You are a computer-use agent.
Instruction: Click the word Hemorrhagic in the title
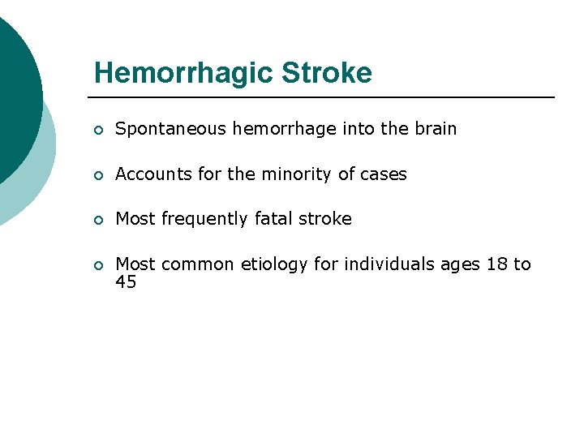click(x=183, y=73)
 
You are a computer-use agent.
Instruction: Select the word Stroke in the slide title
click(x=327, y=73)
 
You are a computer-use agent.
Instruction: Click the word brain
click(x=436, y=129)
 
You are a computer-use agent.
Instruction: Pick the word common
click(x=192, y=264)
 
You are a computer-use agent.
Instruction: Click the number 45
click(x=126, y=282)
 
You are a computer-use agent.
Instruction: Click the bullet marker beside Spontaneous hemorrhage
click(x=97, y=130)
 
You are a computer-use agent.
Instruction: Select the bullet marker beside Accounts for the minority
click(x=97, y=175)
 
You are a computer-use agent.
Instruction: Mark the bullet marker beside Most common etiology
click(x=97, y=265)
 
